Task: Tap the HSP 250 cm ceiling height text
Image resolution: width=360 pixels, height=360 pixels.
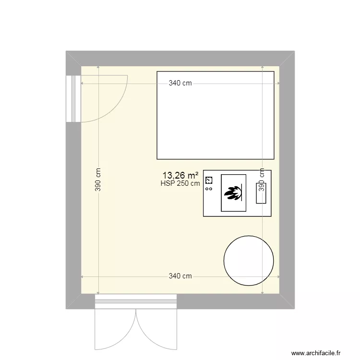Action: tap(180, 183)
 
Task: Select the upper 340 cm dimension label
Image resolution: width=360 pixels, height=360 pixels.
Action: tap(180, 83)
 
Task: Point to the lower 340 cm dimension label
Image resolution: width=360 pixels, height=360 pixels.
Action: tap(180, 276)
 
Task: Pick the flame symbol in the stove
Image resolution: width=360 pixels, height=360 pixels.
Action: tap(233, 193)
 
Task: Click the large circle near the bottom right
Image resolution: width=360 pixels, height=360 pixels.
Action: tap(249, 260)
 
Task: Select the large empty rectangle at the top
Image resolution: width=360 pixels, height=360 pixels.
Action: tap(216, 115)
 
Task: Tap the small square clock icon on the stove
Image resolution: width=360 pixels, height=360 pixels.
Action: tap(209, 180)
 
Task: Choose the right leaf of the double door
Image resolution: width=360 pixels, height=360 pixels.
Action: tap(157, 329)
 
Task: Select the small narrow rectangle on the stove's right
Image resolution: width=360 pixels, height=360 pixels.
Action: tap(262, 193)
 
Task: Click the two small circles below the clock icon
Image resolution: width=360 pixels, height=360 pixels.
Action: tap(209, 189)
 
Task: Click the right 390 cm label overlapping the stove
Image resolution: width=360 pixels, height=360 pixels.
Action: tap(262, 180)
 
